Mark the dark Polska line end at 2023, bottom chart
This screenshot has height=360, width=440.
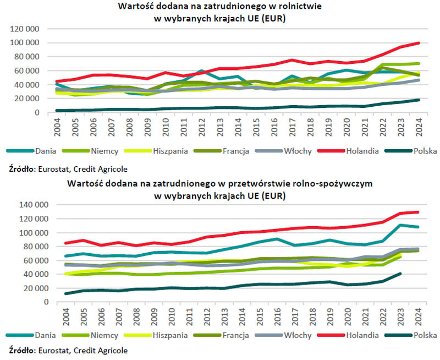coord(400,273)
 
